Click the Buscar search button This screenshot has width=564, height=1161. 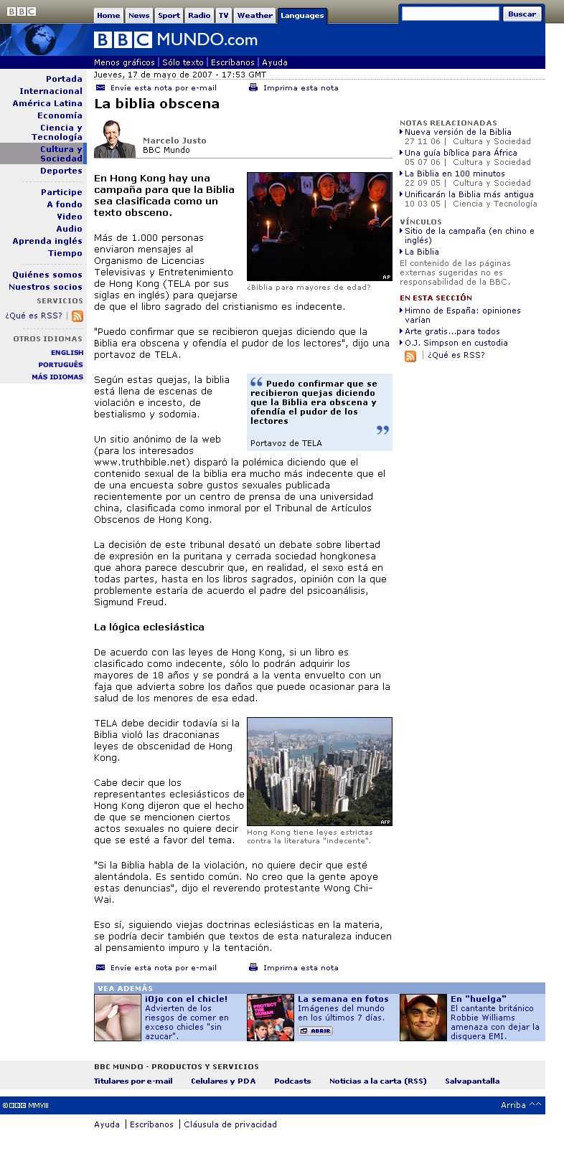coord(522,14)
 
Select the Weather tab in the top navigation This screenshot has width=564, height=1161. coord(255,15)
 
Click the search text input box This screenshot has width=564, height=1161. coord(450,14)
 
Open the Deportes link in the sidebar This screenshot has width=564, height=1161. coord(61,171)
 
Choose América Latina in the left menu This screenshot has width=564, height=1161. coord(47,103)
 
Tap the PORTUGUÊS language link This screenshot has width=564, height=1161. coord(61,364)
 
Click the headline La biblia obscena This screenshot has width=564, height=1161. coord(156,104)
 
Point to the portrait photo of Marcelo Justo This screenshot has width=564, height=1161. coord(114,138)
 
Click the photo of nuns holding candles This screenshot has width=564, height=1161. coord(319,226)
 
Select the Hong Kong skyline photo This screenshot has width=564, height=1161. coord(319,772)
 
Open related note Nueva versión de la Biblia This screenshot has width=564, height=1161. coord(458,132)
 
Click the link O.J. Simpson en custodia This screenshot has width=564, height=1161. coord(456,343)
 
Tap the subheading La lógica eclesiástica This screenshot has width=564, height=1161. coord(149,627)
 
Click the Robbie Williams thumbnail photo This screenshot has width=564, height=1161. coord(423,1017)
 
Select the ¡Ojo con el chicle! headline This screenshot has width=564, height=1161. coord(186,999)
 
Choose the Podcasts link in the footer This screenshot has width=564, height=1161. coord(292,1081)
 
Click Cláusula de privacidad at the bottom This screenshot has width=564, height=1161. coord(230,1124)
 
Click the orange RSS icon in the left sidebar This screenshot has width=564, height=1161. coord(77,316)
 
